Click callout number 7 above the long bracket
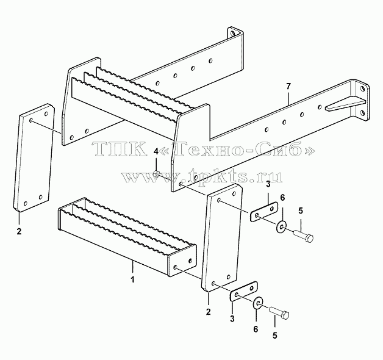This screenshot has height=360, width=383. pyautogui.click(x=288, y=87)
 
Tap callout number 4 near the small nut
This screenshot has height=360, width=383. pyautogui.click(x=156, y=152)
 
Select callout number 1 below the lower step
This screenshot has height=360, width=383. pyautogui.click(x=132, y=279)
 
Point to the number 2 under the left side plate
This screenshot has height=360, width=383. pyautogui.click(x=20, y=231)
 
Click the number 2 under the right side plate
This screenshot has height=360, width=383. pyautogui.click(x=208, y=312)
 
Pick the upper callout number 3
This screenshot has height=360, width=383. pyautogui.click(x=268, y=184)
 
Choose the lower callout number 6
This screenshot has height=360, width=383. pyautogui.click(x=256, y=329)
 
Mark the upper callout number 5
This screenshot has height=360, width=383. pyautogui.click(x=301, y=211)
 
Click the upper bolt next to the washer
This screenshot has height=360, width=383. pyautogui.click(x=304, y=236)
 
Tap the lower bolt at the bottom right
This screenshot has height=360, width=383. pyautogui.click(x=279, y=312)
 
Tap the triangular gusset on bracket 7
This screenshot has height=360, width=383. pyautogui.click(x=345, y=104)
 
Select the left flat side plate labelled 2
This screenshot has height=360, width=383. pyautogui.click(x=34, y=158)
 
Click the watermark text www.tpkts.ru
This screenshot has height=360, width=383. pyautogui.click(x=202, y=175)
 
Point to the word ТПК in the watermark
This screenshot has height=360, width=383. pyautogui.click(x=119, y=149)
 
